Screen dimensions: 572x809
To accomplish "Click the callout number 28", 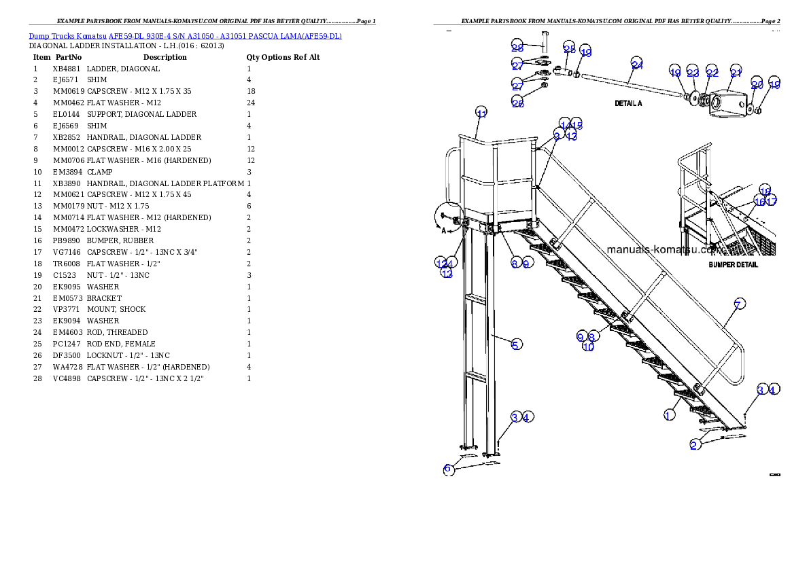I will point(517,47).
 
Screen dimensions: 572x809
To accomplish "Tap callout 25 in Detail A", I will point(570,49).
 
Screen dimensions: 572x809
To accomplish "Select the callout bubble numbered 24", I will point(637,65).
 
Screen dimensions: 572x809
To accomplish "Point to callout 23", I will point(693,73).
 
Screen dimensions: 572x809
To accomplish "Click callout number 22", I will point(712,73).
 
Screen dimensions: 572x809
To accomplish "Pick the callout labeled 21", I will point(736,73).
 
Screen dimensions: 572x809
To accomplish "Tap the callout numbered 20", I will point(757,84).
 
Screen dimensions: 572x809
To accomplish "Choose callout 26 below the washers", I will point(517,103).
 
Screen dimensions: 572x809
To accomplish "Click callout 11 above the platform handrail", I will point(481,113).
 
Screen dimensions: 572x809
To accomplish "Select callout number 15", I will point(577,124).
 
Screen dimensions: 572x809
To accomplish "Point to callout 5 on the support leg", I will point(517,344).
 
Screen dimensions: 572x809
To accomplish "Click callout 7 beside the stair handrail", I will point(739,304).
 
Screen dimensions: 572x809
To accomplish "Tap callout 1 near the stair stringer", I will point(670,414).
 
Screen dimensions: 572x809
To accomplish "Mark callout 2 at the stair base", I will point(694,445).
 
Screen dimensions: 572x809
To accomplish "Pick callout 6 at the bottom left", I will point(448,469).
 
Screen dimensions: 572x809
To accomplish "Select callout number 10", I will point(589,347).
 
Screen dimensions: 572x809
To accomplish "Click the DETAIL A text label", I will point(628,104).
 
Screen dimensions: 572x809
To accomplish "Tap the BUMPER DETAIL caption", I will point(733,265).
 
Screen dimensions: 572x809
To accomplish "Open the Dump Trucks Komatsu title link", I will point(185,36).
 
